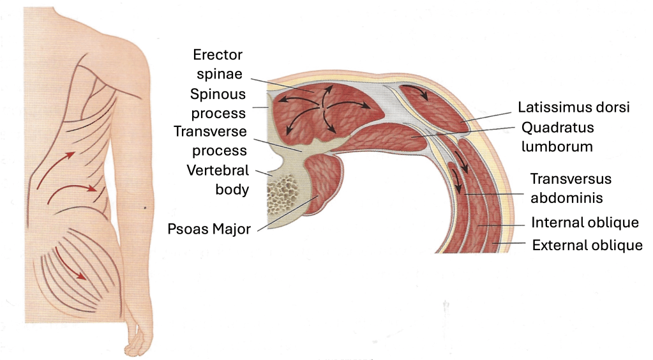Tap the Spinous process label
[x=218, y=104]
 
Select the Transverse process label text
[x=210, y=141]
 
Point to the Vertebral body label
[x=216, y=180]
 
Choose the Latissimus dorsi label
[x=574, y=107]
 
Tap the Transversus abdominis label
[x=571, y=188]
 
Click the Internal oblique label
[x=585, y=223]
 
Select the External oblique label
[x=587, y=245]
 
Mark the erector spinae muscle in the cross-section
[x=326, y=109]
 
